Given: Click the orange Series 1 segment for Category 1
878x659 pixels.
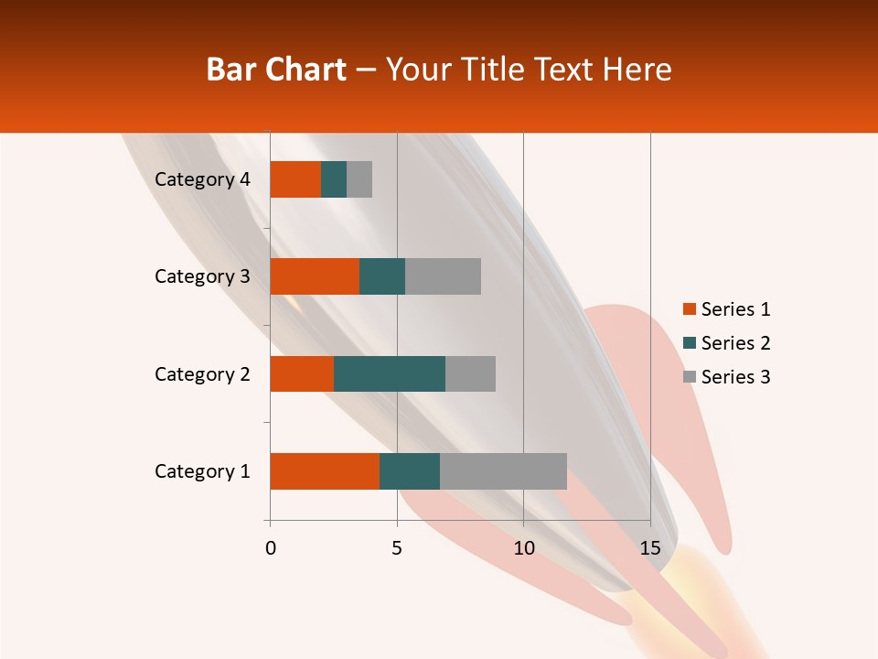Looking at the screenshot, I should pyautogui.click(x=325, y=471).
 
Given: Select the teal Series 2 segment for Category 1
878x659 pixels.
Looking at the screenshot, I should pyautogui.click(x=410, y=471).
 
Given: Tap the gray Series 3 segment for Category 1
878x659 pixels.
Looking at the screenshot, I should pyautogui.click(x=503, y=471).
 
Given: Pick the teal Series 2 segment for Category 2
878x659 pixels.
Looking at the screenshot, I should pyautogui.click(x=390, y=373).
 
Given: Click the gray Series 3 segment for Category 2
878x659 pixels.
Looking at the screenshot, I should pyautogui.click(x=470, y=373).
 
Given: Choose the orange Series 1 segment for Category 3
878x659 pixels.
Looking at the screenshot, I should pyautogui.click(x=315, y=276).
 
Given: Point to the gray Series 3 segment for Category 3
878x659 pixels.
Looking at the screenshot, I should pyautogui.click(x=443, y=276).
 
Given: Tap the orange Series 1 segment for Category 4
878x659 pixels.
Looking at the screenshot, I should pyautogui.click(x=295, y=179).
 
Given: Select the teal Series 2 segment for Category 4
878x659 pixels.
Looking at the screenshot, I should pyautogui.click(x=334, y=179).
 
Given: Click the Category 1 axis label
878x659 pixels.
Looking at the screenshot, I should pyautogui.click(x=202, y=471).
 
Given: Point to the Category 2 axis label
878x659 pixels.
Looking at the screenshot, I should pyautogui.click(x=202, y=373).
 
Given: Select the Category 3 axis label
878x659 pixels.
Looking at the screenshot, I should pyautogui.click(x=202, y=276).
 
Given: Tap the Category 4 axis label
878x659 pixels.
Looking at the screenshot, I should pyautogui.click(x=202, y=179).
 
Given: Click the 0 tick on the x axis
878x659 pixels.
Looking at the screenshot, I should pyautogui.click(x=271, y=548).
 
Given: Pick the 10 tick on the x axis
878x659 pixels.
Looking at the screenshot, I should pyautogui.click(x=523, y=548).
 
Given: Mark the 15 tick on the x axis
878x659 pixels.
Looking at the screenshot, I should pyautogui.click(x=650, y=548).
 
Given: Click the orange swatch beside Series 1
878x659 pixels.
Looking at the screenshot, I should pyautogui.click(x=689, y=309).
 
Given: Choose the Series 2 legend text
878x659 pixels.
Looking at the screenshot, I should pyautogui.click(x=736, y=343).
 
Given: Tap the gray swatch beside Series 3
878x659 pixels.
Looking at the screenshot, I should pyautogui.click(x=689, y=377).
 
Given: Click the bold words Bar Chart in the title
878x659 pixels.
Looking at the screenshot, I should pyautogui.click(x=276, y=70).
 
